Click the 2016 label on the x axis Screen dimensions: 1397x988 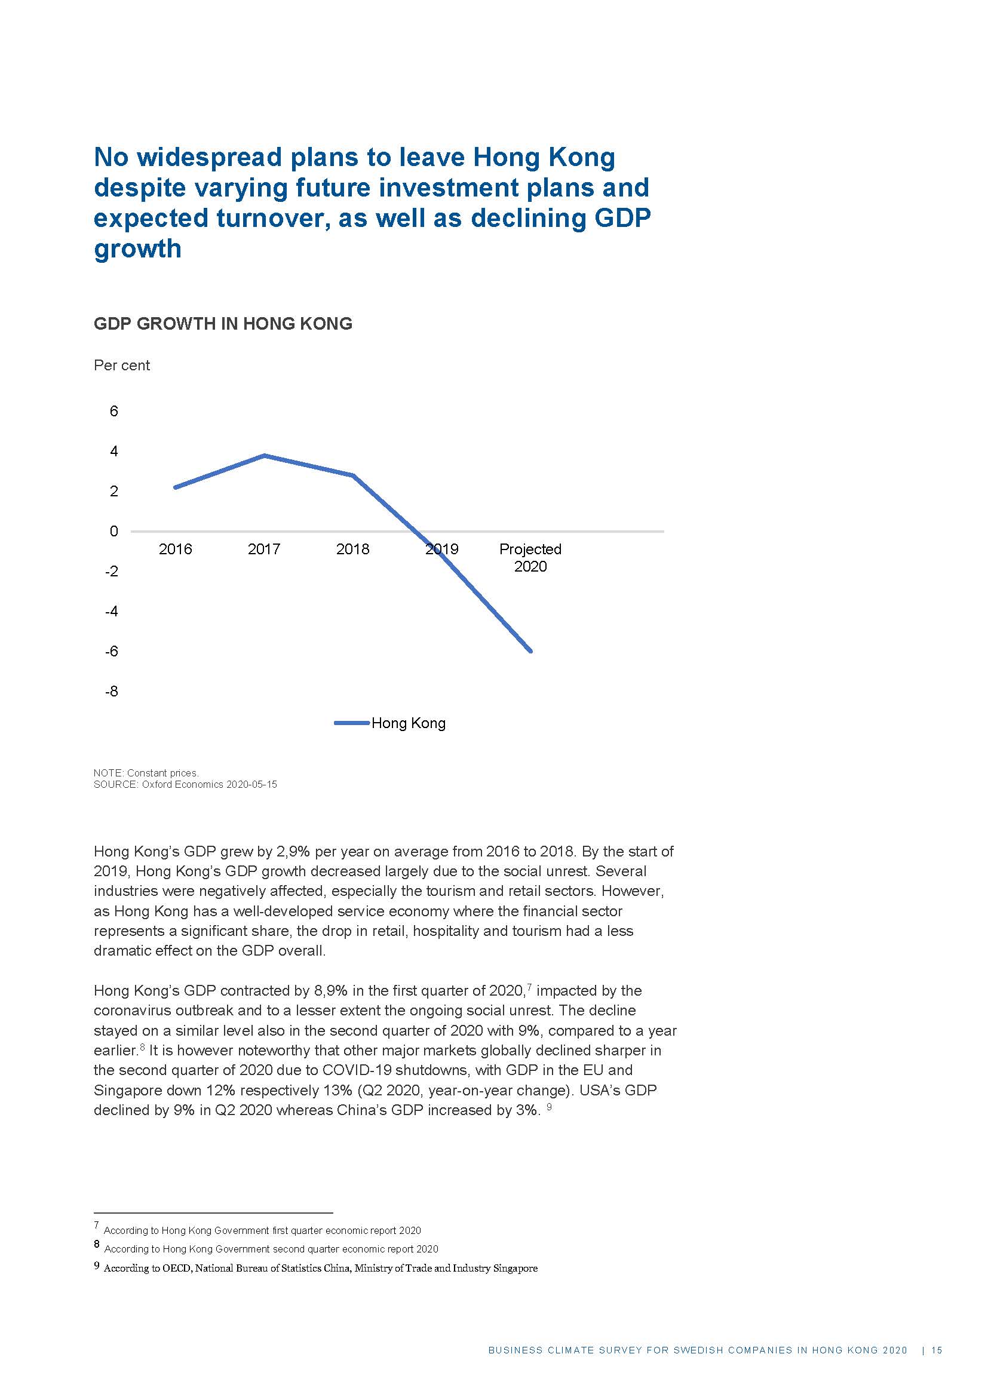[175, 549]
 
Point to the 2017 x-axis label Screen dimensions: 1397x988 [264, 549]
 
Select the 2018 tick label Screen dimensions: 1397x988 [353, 549]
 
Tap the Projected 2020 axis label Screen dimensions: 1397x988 [530, 557]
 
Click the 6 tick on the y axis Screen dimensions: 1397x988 [113, 412]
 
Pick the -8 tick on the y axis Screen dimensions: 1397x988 [112, 691]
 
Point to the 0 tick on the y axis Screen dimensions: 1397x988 [113, 531]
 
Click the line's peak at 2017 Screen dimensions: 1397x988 [264, 455]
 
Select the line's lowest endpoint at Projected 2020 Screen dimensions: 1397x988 [530, 650]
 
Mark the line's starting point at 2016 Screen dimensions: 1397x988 [175, 487]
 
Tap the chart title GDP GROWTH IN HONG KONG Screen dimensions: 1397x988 [223, 323]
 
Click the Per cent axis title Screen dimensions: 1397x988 [122, 365]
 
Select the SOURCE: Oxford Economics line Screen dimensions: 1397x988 [185, 784]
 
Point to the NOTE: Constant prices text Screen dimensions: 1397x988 [146, 773]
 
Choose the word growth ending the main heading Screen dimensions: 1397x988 [137, 249]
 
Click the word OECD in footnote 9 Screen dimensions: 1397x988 [176, 1269]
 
